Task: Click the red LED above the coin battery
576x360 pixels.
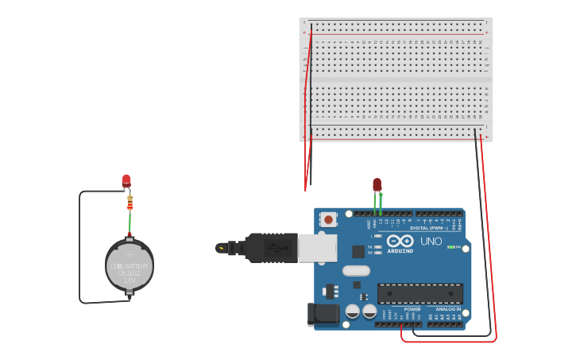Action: pos(126,180)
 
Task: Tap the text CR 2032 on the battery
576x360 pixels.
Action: pos(130,273)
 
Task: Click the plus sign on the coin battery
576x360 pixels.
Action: pos(130,255)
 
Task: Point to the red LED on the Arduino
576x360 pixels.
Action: pos(377,184)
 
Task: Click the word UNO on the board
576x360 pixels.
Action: pos(431,241)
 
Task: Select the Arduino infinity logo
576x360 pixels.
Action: pos(400,241)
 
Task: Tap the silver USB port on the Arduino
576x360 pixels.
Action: pos(317,247)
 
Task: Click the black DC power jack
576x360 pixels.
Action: pos(323,314)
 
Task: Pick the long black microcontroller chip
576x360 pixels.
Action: pos(419,293)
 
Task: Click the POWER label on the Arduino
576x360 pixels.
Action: pos(412,309)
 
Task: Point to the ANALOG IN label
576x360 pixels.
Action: pos(448,309)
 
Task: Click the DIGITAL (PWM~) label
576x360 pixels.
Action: pos(433,228)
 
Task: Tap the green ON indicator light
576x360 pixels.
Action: pos(450,247)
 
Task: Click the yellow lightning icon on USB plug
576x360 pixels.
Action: pos(220,248)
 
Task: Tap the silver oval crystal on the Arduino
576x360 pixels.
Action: pos(356,270)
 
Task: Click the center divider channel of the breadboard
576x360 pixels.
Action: pos(395,80)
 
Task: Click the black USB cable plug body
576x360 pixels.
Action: pos(270,247)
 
